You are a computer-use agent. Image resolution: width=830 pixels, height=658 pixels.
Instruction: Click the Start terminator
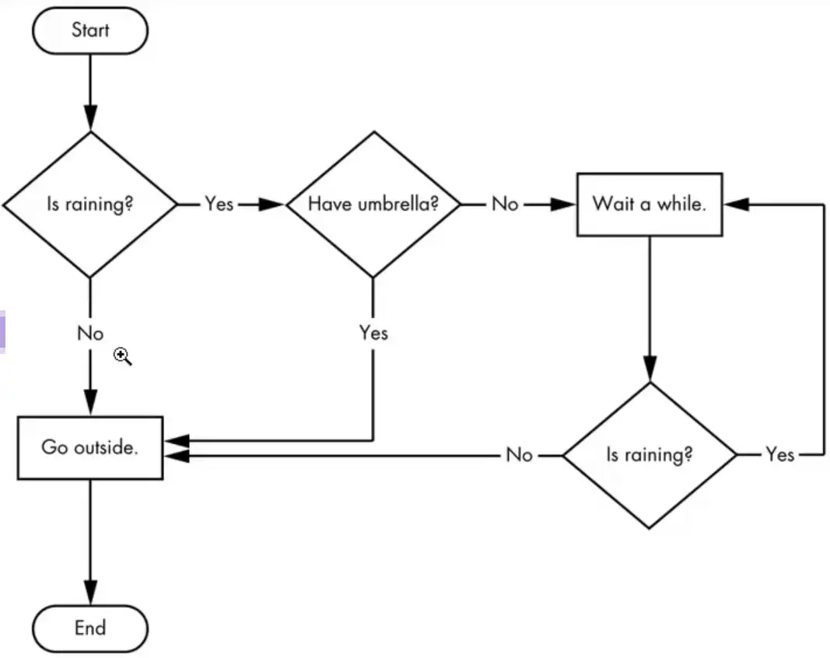[90, 30]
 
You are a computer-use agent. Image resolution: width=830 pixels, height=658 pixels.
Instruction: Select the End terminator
[90, 628]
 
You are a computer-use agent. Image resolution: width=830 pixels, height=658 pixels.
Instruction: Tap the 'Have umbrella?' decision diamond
[373, 205]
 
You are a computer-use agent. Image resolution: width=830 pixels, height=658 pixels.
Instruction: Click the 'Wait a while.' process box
[649, 205]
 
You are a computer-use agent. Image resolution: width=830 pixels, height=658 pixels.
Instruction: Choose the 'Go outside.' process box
[90, 448]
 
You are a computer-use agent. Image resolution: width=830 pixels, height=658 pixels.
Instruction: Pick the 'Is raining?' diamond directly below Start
[90, 205]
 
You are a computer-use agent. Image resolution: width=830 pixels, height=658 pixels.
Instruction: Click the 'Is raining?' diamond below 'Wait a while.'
[649, 454]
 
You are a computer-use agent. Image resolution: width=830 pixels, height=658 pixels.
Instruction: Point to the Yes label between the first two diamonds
[219, 205]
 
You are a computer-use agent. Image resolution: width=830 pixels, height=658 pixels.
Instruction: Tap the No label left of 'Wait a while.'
[504, 205]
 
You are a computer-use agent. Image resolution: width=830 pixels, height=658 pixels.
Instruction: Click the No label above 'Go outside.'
[90, 334]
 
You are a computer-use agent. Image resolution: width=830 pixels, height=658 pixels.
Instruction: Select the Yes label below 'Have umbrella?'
[373, 333]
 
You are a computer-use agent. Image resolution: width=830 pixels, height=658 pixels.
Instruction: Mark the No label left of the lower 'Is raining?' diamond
[519, 454]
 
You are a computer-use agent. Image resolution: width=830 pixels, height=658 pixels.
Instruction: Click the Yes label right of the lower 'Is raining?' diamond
[779, 454]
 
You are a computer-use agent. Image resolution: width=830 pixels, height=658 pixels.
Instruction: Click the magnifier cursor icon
[123, 357]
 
